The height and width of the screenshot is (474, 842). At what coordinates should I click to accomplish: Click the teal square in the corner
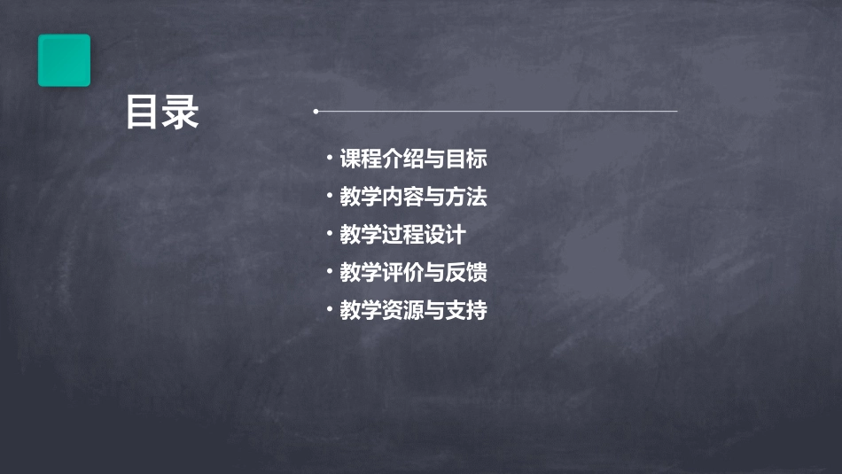pos(64,60)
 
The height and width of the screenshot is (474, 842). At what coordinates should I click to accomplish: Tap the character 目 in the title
pos(144,113)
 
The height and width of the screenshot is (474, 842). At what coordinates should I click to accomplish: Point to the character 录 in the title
pos(181,113)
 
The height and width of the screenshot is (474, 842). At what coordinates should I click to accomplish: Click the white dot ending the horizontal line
pos(316,112)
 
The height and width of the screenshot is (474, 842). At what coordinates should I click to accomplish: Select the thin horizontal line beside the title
pos(496,112)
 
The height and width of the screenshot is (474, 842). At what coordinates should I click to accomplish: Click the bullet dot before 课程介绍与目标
pos(330,159)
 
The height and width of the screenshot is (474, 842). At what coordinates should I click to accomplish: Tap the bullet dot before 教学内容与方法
pos(330,196)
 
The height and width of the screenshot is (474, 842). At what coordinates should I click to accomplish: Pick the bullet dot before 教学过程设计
pos(330,234)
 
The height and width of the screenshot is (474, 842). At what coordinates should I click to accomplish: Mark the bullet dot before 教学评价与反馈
pos(330,271)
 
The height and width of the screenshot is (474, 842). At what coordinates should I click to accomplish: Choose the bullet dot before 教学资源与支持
pos(330,309)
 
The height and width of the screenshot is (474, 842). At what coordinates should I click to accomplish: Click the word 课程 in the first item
pos(362,159)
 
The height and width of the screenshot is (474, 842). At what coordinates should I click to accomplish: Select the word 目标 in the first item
pos(466,159)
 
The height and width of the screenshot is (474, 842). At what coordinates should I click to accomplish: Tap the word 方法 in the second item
pos(466,197)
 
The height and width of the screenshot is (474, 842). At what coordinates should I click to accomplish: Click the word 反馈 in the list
pos(466,272)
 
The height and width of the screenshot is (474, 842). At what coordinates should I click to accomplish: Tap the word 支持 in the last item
pos(466,310)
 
